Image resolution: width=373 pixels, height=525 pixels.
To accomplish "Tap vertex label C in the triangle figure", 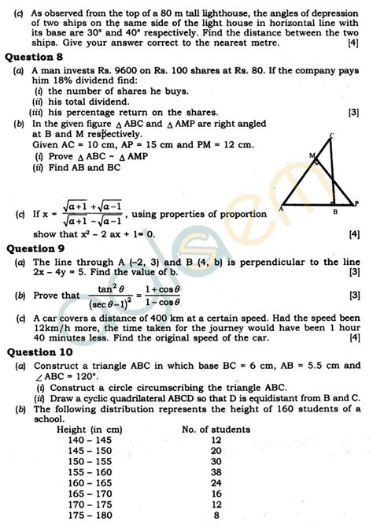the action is (x=332, y=135).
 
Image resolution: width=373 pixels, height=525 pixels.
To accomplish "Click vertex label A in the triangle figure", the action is (x=281, y=210).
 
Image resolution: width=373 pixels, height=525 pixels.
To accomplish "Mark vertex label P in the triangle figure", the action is (x=355, y=201).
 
